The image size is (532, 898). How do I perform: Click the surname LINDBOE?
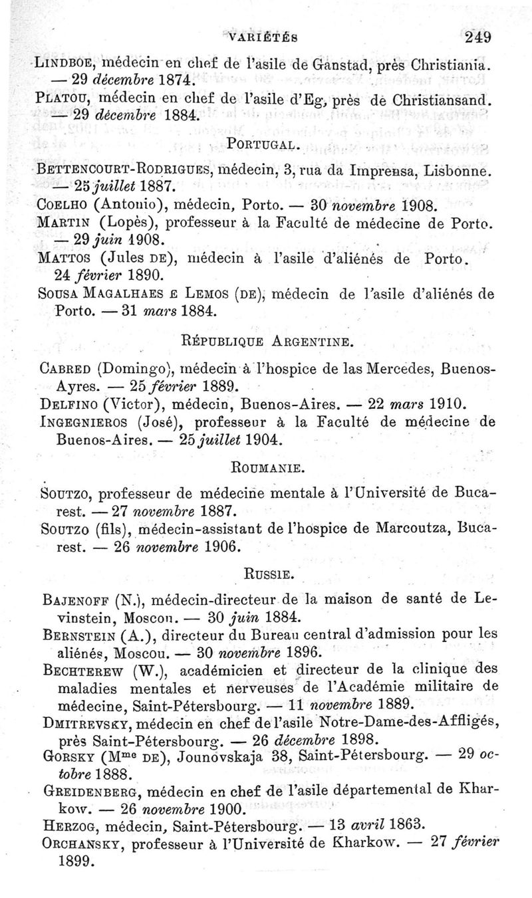pos(57,65)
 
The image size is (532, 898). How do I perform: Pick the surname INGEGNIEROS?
pos(86,422)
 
